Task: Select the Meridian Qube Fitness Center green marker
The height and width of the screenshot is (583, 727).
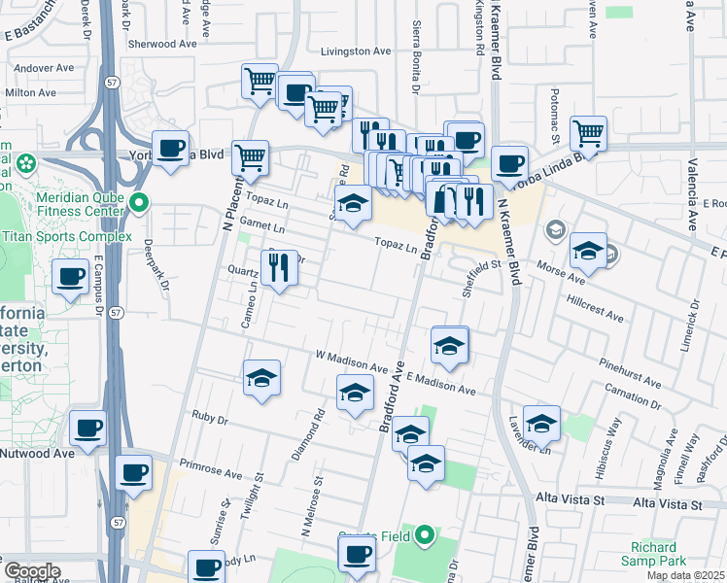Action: click(139, 203)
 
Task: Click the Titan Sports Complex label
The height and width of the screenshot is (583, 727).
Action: click(67, 236)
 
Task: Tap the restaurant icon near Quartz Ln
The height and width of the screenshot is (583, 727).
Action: click(280, 266)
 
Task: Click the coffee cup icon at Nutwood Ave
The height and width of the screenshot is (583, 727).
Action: click(87, 428)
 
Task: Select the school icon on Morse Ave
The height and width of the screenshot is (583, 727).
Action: click(587, 251)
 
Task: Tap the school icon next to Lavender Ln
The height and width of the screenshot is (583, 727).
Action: click(541, 422)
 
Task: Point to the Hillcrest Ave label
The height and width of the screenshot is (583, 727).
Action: click(596, 317)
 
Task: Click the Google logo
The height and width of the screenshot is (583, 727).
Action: click(31, 571)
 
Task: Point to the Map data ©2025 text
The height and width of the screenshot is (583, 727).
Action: click(684, 575)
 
